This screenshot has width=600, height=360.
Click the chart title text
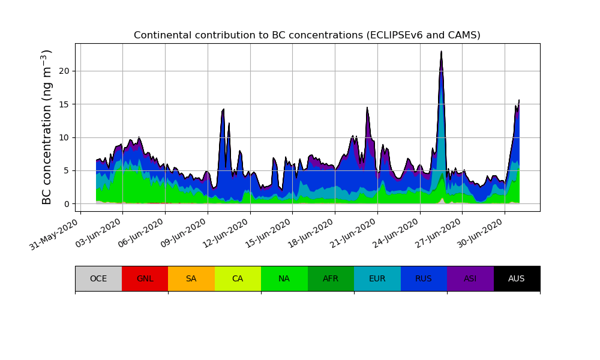(x=307, y=35)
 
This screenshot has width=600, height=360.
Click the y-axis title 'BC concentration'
(x=47, y=127)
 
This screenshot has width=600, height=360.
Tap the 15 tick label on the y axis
(x=65, y=104)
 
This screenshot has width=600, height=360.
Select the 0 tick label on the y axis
(x=67, y=204)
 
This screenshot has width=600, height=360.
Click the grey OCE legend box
(x=98, y=278)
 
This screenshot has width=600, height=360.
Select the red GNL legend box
(x=145, y=278)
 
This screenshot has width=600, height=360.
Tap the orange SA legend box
(x=191, y=278)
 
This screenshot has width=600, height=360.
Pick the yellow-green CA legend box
(x=238, y=278)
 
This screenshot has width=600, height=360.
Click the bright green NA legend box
(x=284, y=278)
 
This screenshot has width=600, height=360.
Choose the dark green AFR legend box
(x=331, y=278)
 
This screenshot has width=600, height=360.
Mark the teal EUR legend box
(x=377, y=278)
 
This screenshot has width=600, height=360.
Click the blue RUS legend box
(x=424, y=278)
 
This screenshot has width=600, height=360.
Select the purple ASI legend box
(x=470, y=278)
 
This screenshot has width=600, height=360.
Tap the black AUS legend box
(x=517, y=278)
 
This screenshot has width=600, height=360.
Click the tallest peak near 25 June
(x=441, y=53)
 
